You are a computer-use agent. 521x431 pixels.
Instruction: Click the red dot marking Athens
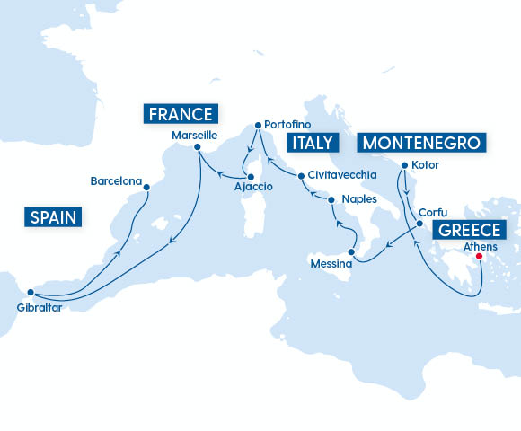pyautogui.click(x=480, y=256)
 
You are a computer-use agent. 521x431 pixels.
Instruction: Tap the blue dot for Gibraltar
pyautogui.click(x=31, y=292)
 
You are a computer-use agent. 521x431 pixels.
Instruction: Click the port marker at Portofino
pyautogui.click(x=257, y=126)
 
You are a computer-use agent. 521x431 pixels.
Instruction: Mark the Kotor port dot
pyautogui.click(x=404, y=165)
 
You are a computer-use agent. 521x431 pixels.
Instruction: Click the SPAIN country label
pyautogui.click(x=52, y=216)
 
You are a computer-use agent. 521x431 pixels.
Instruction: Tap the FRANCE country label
pyautogui.click(x=181, y=114)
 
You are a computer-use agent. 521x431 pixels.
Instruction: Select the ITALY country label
pyautogui.click(x=311, y=143)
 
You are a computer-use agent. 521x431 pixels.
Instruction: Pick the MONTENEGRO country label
pyautogui.click(x=421, y=143)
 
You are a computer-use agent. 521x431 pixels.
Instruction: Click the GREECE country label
pyautogui.click(x=471, y=230)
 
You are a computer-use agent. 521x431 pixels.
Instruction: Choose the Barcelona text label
pyautogui.click(x=116, y=181)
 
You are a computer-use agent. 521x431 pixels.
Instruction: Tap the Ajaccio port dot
pyautogui.click(x=251, y=176)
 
